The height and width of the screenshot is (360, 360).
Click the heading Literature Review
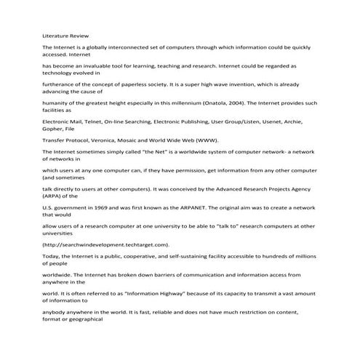(x=63, y=34)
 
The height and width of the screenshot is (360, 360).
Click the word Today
(x=52, y=257)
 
